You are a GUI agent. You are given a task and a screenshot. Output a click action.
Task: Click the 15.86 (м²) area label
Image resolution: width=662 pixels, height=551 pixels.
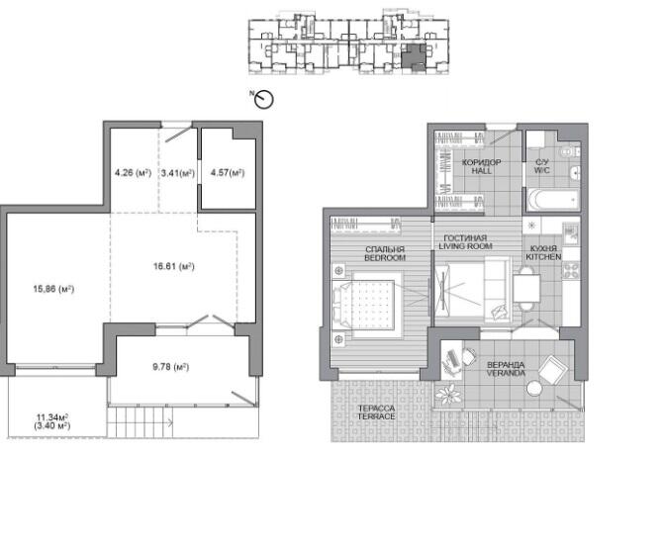(x=53, y=289)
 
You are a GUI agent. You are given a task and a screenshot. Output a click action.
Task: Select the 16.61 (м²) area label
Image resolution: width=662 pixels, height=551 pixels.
(x=173, y=266)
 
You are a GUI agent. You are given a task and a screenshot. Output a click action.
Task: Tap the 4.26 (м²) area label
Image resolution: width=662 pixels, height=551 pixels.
(x=133, y=173)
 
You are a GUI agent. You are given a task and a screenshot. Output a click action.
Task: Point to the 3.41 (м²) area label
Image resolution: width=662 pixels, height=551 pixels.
(x=178, y=173)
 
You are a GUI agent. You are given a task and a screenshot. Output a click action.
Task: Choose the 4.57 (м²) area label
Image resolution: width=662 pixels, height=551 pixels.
(x=228, y=173)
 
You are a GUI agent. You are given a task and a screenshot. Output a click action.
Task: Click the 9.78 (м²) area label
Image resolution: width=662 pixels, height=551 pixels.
(x=170, y=367)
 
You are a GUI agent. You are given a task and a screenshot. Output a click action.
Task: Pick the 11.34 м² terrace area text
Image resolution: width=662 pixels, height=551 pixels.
(x=52, y=417)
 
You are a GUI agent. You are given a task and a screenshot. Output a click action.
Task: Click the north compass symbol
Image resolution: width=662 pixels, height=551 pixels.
(x=264, y=99)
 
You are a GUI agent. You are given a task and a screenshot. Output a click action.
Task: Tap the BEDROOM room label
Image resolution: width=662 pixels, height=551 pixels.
(x=385, y=257)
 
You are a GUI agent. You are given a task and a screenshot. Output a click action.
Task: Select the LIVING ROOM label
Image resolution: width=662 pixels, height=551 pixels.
(x=465, y=246)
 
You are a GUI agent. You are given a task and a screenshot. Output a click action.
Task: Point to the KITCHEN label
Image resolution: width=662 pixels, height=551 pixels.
(x=543, y=257)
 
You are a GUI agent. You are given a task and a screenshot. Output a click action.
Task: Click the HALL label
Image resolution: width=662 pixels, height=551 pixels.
(x=481, y=171)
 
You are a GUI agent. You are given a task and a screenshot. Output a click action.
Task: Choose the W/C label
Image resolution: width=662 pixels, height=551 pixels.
(x=541, y=170)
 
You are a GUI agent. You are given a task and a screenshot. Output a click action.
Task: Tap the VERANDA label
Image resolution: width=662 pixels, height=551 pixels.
(x=506, y=373)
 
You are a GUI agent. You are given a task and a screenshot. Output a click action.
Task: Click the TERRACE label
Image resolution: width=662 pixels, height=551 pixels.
(x=376, y=416)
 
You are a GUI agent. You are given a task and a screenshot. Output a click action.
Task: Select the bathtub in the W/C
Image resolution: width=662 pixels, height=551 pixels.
(x=552, y=199)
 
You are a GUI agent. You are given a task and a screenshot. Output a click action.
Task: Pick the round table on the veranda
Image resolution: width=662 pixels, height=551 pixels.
(x=534, y=389)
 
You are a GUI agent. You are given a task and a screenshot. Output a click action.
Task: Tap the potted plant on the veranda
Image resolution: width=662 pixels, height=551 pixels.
(x=448, y=395)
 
